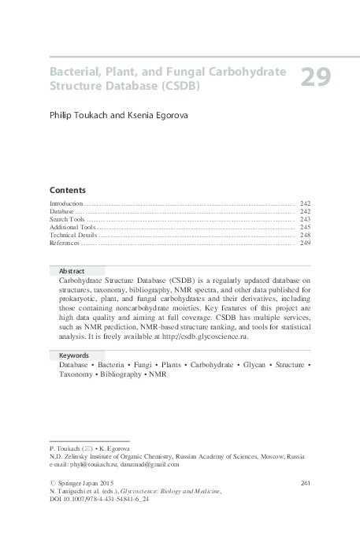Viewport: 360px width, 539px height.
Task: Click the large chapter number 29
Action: (x=316, y=77)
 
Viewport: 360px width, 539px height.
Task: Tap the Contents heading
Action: (x=67, y=191)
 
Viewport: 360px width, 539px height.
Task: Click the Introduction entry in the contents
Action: (x=66, y=203)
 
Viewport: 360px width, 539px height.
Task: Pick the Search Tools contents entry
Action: (x=67, y=219)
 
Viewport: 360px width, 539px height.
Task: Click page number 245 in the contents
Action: (x=305, y=227)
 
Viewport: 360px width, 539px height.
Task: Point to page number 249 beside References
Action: (x=305, y=243)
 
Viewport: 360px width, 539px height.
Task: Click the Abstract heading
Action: (x=72, y=269)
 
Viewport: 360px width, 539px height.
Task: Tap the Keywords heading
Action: (x=74, y=355)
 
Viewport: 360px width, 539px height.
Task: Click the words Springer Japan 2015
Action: (x=86, y=481)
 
